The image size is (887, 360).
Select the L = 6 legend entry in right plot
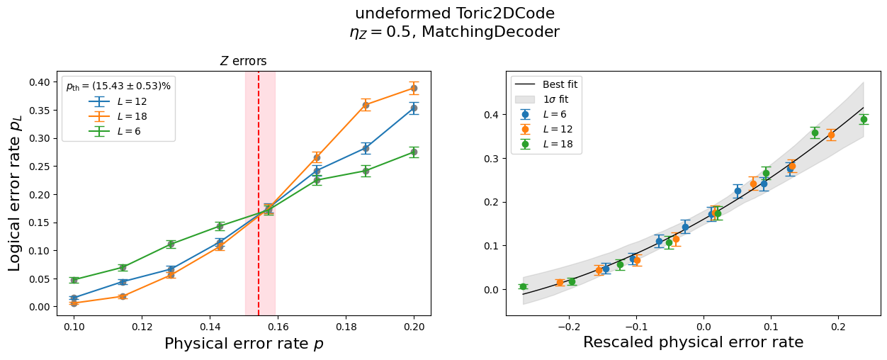(x=543, y=115)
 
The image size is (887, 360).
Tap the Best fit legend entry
(x=546, y=84)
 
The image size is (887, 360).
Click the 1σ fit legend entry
(x=542, y=99)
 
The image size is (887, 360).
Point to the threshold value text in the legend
(x=118, y=86)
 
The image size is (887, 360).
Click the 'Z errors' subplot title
(x=243, y=61)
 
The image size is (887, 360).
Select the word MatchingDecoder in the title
(x=491, y=32)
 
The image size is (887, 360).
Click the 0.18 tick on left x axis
(x=346, y=327)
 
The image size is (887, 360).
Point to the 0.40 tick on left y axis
(x=40, y=82)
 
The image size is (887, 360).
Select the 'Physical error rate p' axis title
(x=244, y=344)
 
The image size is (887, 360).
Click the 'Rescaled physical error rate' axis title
(x=694, y=342)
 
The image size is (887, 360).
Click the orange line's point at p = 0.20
(x=414, y=88)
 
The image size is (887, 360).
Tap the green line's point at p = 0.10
(x=74, y=280)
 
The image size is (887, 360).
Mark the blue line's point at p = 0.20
(x=414, y=108)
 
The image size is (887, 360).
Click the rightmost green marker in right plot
(x=864, y=119)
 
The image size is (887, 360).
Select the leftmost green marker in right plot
(x=523, y=286)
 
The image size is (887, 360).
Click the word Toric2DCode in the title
(x=505, y=13)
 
